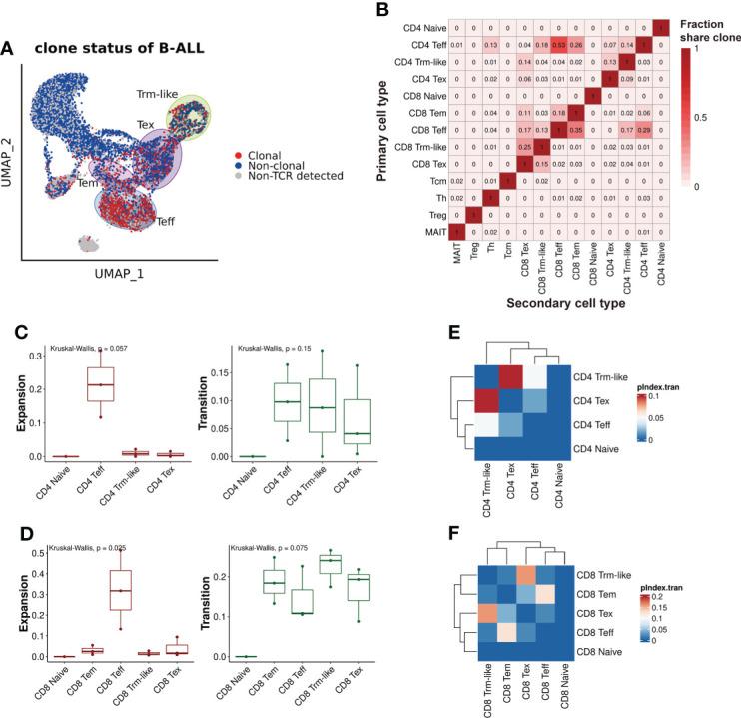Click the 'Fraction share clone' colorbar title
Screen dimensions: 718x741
coord(708,28)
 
